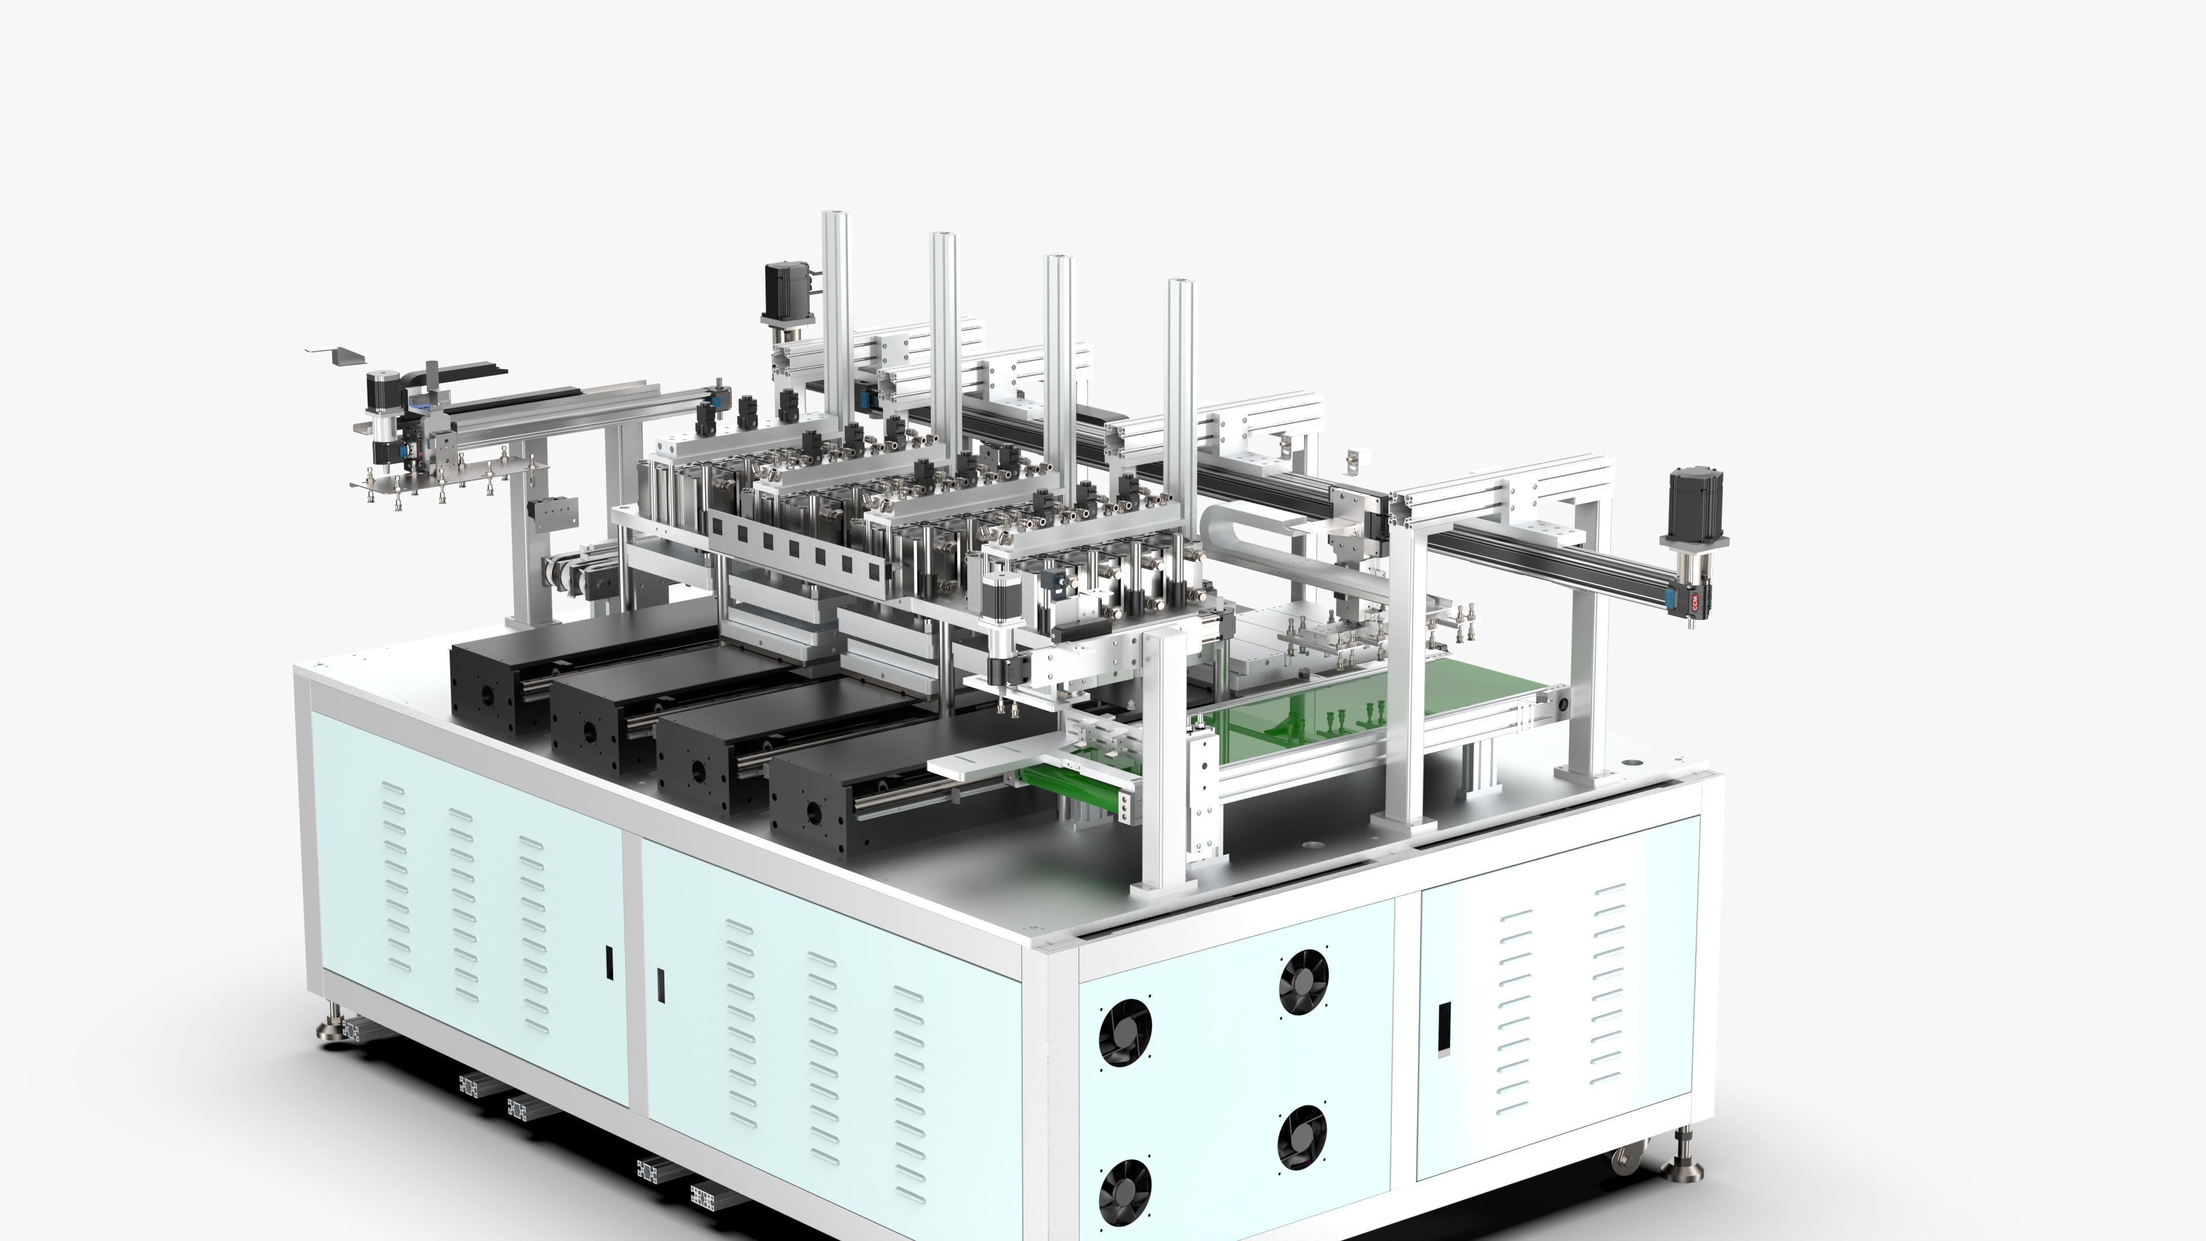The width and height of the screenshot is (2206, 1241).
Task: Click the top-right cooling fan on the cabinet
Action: click(x=1303, y=983)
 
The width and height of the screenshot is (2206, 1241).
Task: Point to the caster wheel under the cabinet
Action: click(x=1625, y=1161)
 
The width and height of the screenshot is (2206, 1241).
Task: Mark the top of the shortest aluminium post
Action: click(x=1180, y=283)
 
